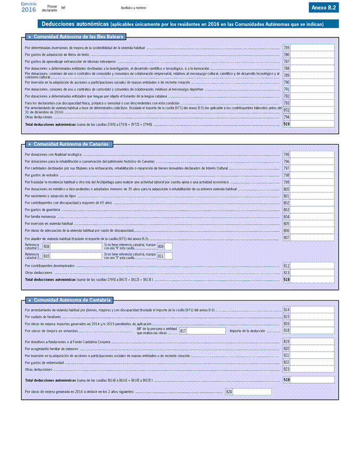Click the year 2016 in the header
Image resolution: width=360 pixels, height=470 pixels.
click(29, 9)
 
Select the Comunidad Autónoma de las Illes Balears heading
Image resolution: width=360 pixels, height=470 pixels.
click(76, 37)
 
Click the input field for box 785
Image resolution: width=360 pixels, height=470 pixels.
click(312, 48)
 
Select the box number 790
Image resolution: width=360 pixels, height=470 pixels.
click(286, 82)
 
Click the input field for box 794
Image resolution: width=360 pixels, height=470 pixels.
click(312, 117)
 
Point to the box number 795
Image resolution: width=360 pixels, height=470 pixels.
click(286, 154)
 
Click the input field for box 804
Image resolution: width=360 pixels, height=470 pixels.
click(312, 216)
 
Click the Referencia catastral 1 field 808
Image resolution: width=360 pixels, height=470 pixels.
click(76, 246)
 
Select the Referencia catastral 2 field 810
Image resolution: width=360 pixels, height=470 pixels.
click(76, 256)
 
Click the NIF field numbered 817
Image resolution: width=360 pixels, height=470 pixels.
click(206, 331)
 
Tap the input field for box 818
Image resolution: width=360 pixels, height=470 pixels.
click(312, 331)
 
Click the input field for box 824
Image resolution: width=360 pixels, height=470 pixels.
click(252, 391)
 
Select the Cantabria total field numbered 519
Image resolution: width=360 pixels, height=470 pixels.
click(312, 380)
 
